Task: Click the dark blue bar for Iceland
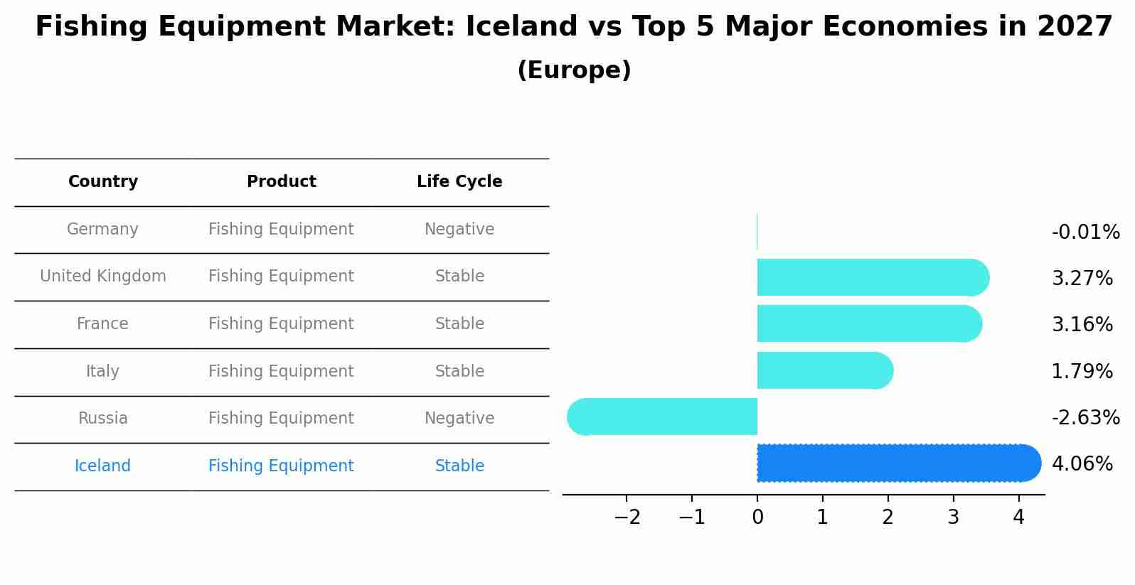coord(896,463)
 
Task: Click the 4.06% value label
coord(1082,464)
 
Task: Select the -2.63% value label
coord(1085,417)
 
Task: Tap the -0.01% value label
coord(1085,232)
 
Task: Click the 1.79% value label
coord(1082,371)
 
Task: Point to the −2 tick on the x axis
coord(627,517)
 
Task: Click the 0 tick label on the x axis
coord(757,517)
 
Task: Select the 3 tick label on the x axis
coord(953,517)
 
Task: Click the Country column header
coord(103,182)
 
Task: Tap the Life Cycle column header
coord(459,182)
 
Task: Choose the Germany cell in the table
coord(102,230)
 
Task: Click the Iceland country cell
coord(102,466)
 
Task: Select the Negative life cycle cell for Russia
coord(459,419)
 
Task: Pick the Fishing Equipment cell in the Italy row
coord(281,372)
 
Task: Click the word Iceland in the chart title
coord(521,27)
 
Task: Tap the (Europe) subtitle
coord(574,70)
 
